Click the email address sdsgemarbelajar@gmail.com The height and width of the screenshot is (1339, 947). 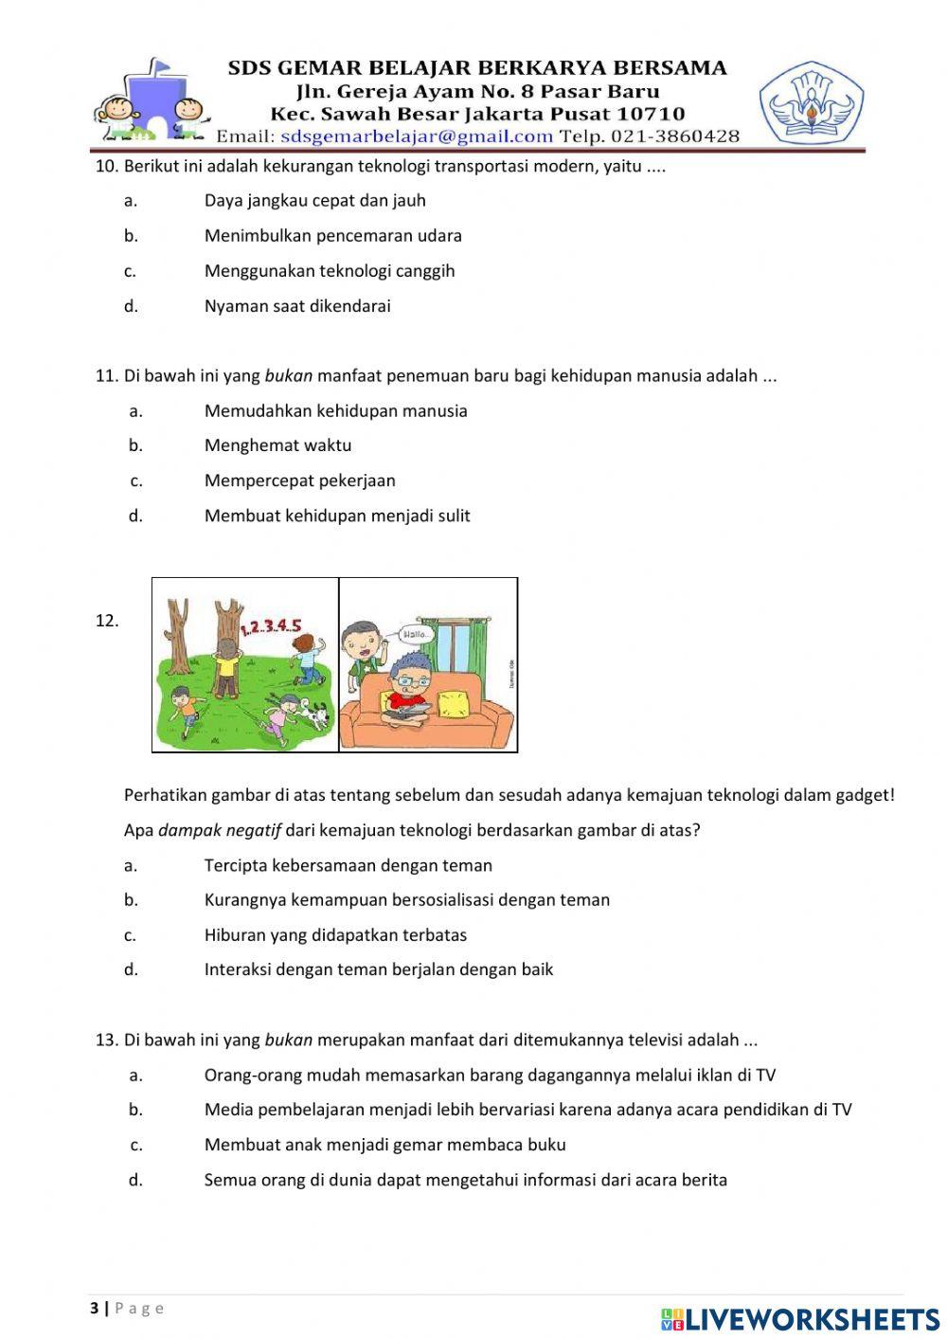(x=417, y=136)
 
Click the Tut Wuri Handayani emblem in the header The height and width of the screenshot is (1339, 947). (x=811, y=102)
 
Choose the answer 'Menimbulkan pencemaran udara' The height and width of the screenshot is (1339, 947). (x=332, y=235)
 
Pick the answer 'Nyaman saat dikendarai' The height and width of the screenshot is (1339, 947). (x=297, y=306)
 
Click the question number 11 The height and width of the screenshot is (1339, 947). (x=105, y=376)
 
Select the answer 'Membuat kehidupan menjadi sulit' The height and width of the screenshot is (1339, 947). (x=337, y=516)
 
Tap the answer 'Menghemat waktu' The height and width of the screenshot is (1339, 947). (x=277, y=445)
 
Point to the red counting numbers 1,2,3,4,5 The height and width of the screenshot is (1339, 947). (x=271, y=625)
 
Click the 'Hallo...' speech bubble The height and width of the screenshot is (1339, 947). (x=417, y=633)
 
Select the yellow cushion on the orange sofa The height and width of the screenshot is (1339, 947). (x=454, y=703)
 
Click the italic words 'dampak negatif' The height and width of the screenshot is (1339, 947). (x=220, y=830)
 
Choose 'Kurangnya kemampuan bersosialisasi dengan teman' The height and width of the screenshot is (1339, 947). (x=406, y=900)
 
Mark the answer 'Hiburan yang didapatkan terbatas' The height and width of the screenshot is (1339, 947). (x=335, y=935)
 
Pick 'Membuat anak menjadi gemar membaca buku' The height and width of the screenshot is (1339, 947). (x=384, y=1145)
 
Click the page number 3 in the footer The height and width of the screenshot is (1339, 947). (x=94, y=1309)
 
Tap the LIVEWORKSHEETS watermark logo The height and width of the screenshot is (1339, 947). (x=800, y=1319)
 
